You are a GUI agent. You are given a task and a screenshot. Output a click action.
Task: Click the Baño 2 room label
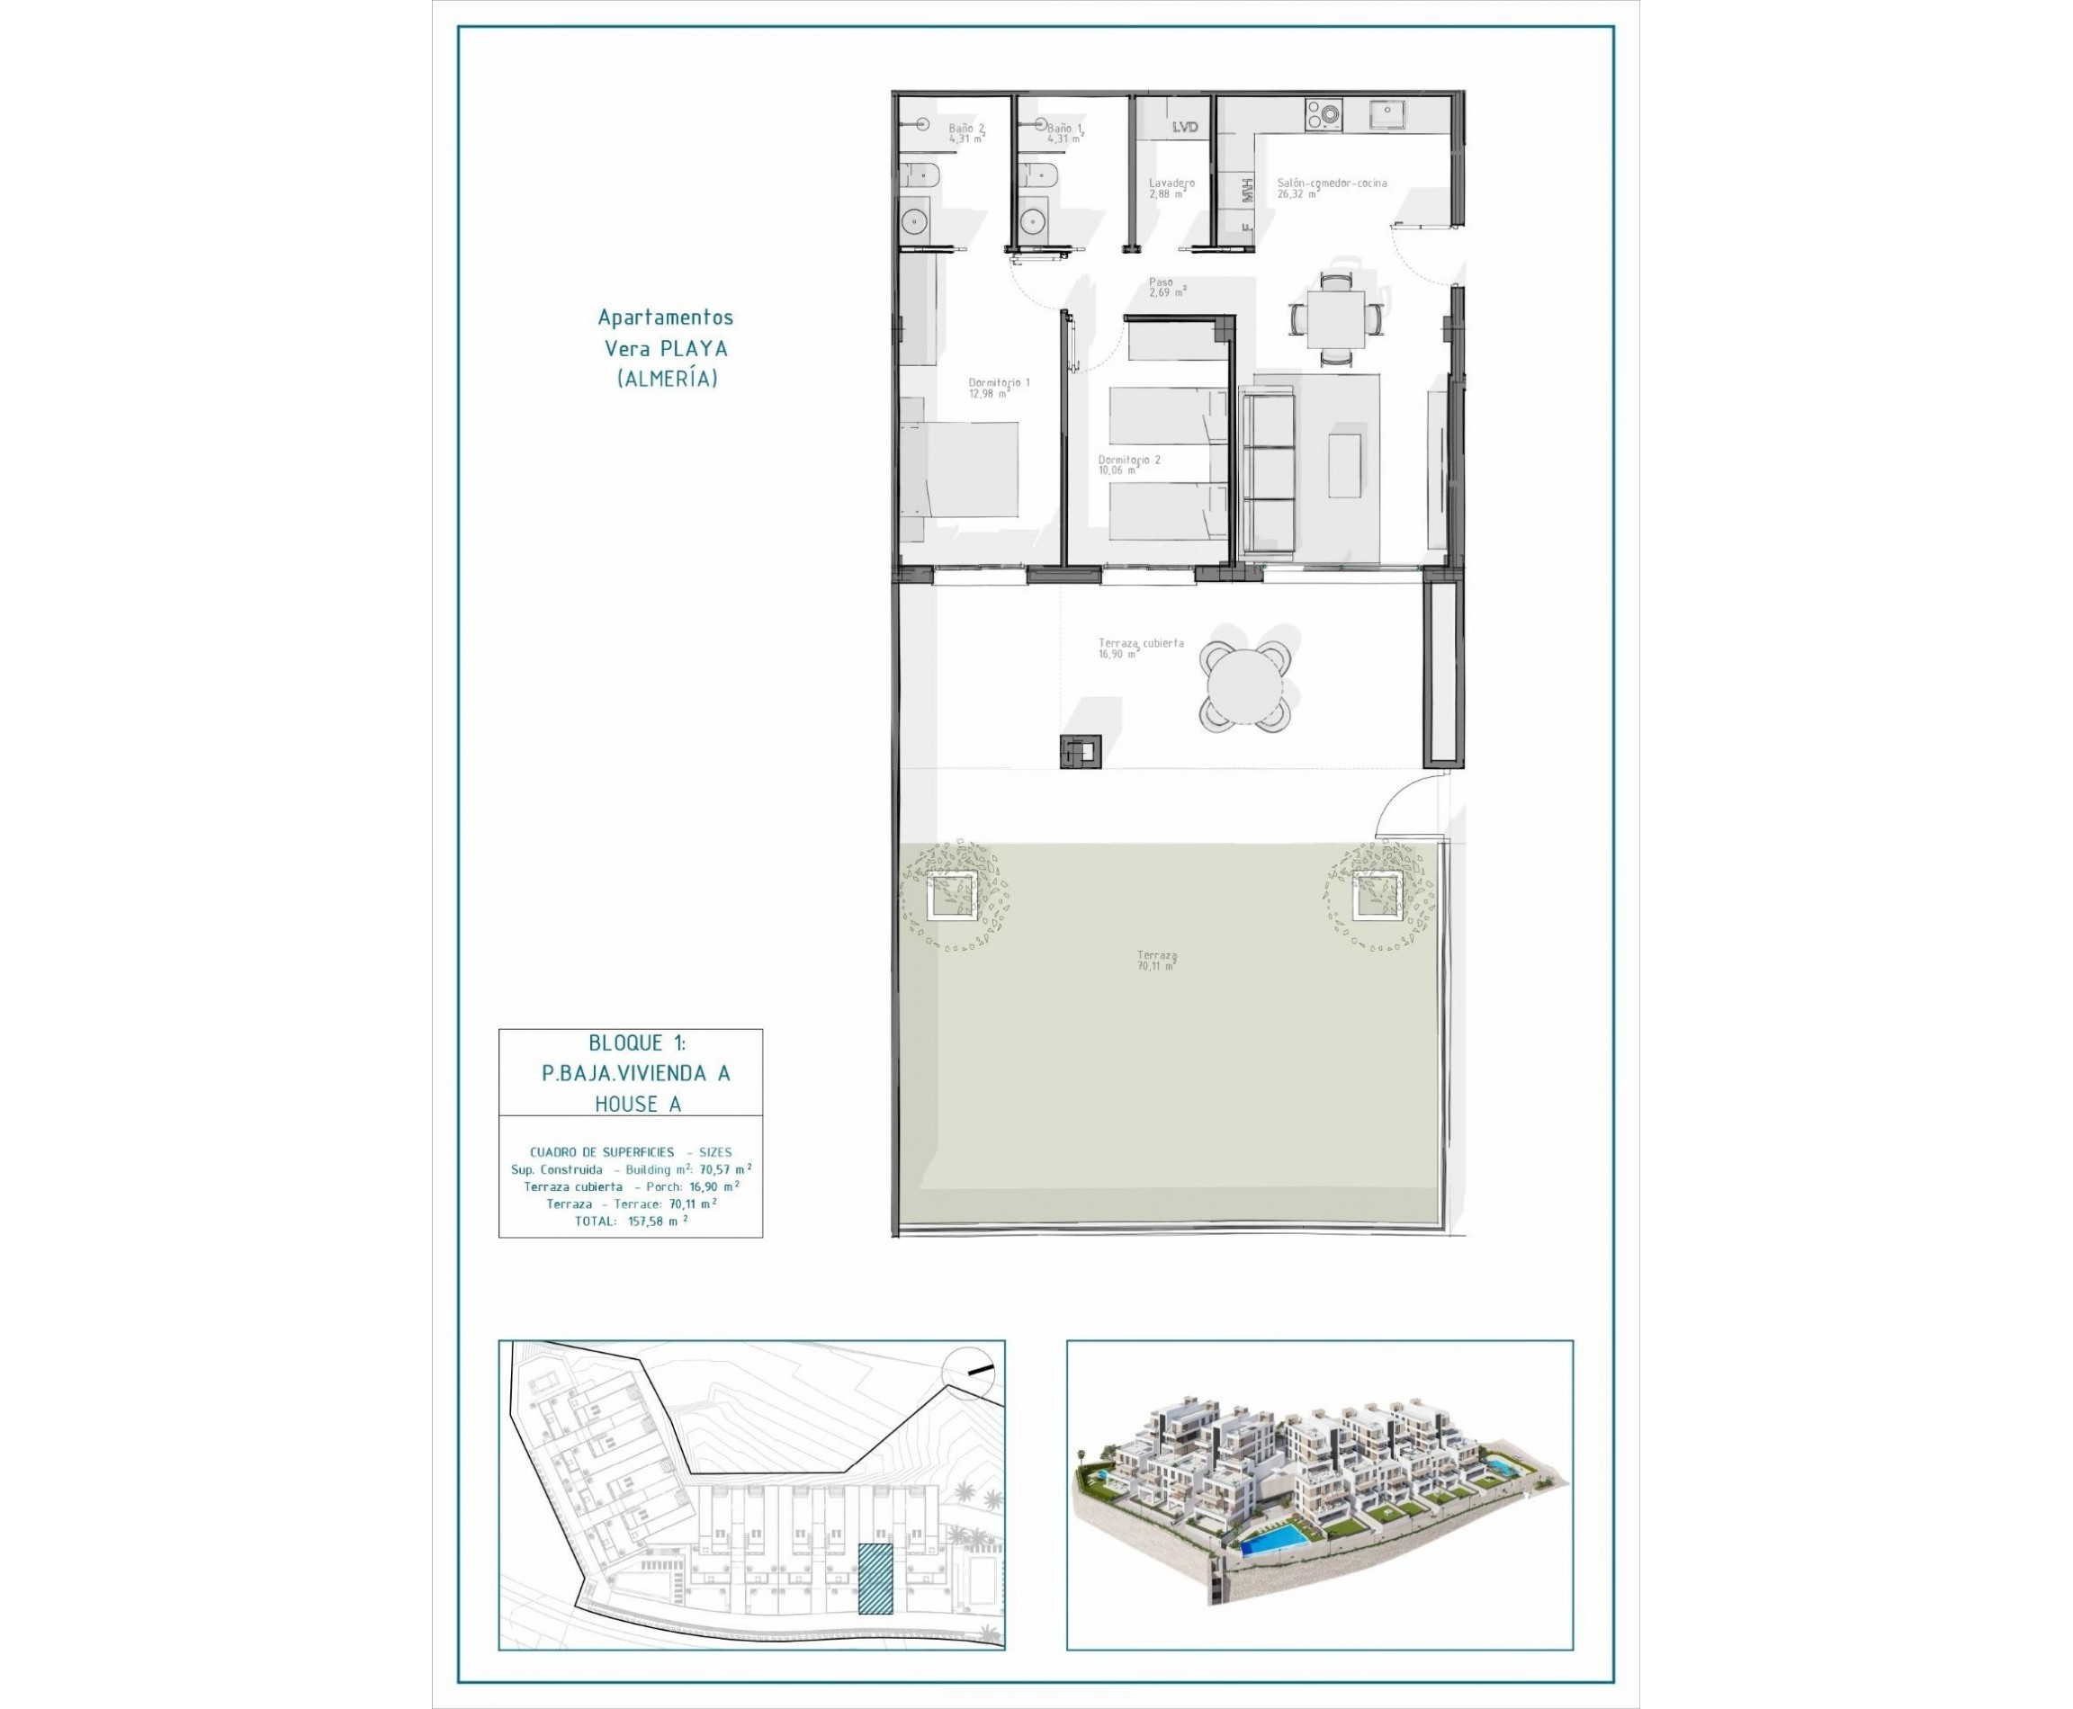[965, 133]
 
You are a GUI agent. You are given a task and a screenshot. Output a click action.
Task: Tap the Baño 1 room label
[1063, 133]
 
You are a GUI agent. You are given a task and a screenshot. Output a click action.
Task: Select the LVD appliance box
[1185, 126]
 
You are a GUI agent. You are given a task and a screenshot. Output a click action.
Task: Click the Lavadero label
[1171, 187]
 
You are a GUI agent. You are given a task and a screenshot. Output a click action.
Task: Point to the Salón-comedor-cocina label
[1332, 187]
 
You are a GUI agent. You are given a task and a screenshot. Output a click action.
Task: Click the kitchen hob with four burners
[1323, 115]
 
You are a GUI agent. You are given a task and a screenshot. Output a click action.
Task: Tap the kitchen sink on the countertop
[1388, 115]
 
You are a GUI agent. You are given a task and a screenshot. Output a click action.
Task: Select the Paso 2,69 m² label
[1166, 286]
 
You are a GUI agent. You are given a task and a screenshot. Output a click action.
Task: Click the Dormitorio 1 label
[998, 387]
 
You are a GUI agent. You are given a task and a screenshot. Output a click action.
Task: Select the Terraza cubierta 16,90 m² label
[1140, 647]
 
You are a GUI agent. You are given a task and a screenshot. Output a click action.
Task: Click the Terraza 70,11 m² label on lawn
[1156, 960]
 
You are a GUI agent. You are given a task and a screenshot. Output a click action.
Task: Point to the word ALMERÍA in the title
[667, 379]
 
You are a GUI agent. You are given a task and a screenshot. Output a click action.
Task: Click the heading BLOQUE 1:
[636, 1042]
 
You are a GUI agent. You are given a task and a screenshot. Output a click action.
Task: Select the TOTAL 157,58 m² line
[631, 1221]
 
